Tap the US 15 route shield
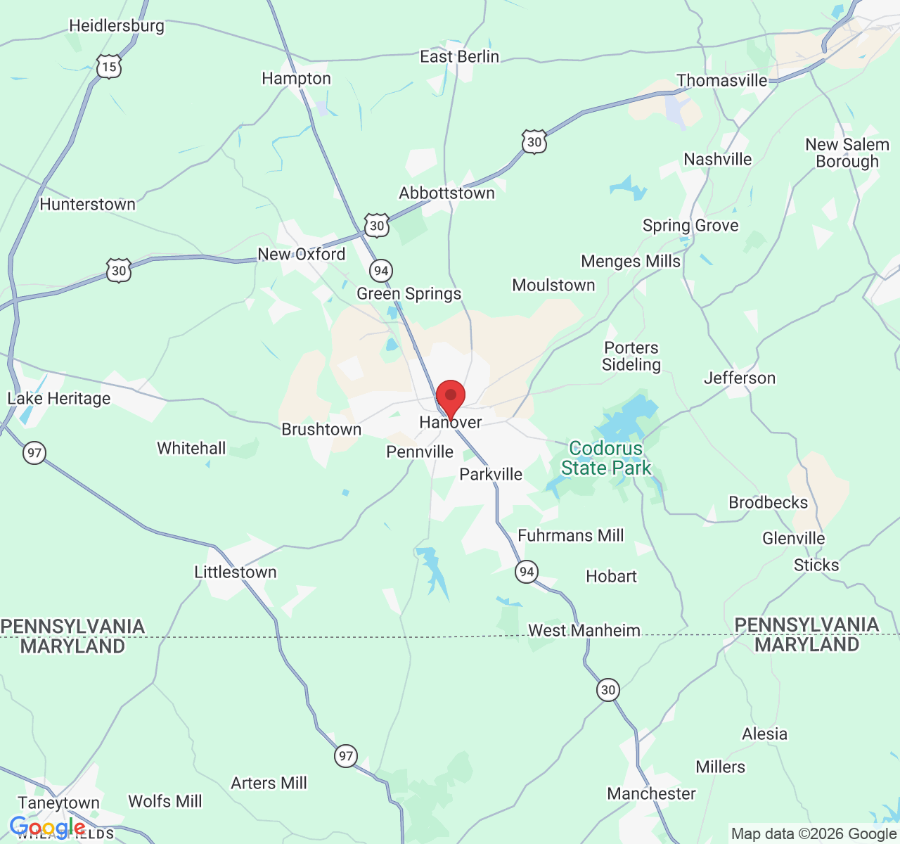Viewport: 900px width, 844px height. [x=109, y=67]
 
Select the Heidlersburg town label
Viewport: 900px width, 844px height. [x=117, y=26]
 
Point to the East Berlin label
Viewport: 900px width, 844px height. [x=459, y=56]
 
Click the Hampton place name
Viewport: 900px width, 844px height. [x=296, y=78]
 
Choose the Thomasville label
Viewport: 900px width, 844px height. [x=721, y=80]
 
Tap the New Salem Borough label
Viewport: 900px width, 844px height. [x=847, y=153]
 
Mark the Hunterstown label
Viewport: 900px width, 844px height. [x=88, y=204]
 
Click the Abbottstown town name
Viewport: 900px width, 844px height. [x=446, y=193]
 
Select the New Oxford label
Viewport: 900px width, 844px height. [x=302, y=254]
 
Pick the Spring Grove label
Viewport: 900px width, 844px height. [x=690, y=225]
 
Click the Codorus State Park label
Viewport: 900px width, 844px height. [x=606, y=458]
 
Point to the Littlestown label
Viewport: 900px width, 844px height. [x=236, y=572]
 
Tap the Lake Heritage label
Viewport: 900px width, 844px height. [x=59, y=398]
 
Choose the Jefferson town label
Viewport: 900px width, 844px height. [x=740, y=378]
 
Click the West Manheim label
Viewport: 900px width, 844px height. [x=584, y=630]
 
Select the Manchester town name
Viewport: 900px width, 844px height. [x=651, y=793]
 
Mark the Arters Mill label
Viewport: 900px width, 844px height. [x=269, y=783]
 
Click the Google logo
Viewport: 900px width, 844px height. [x=47, y=828]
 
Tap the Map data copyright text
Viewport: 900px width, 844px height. [x=814, y=833]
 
